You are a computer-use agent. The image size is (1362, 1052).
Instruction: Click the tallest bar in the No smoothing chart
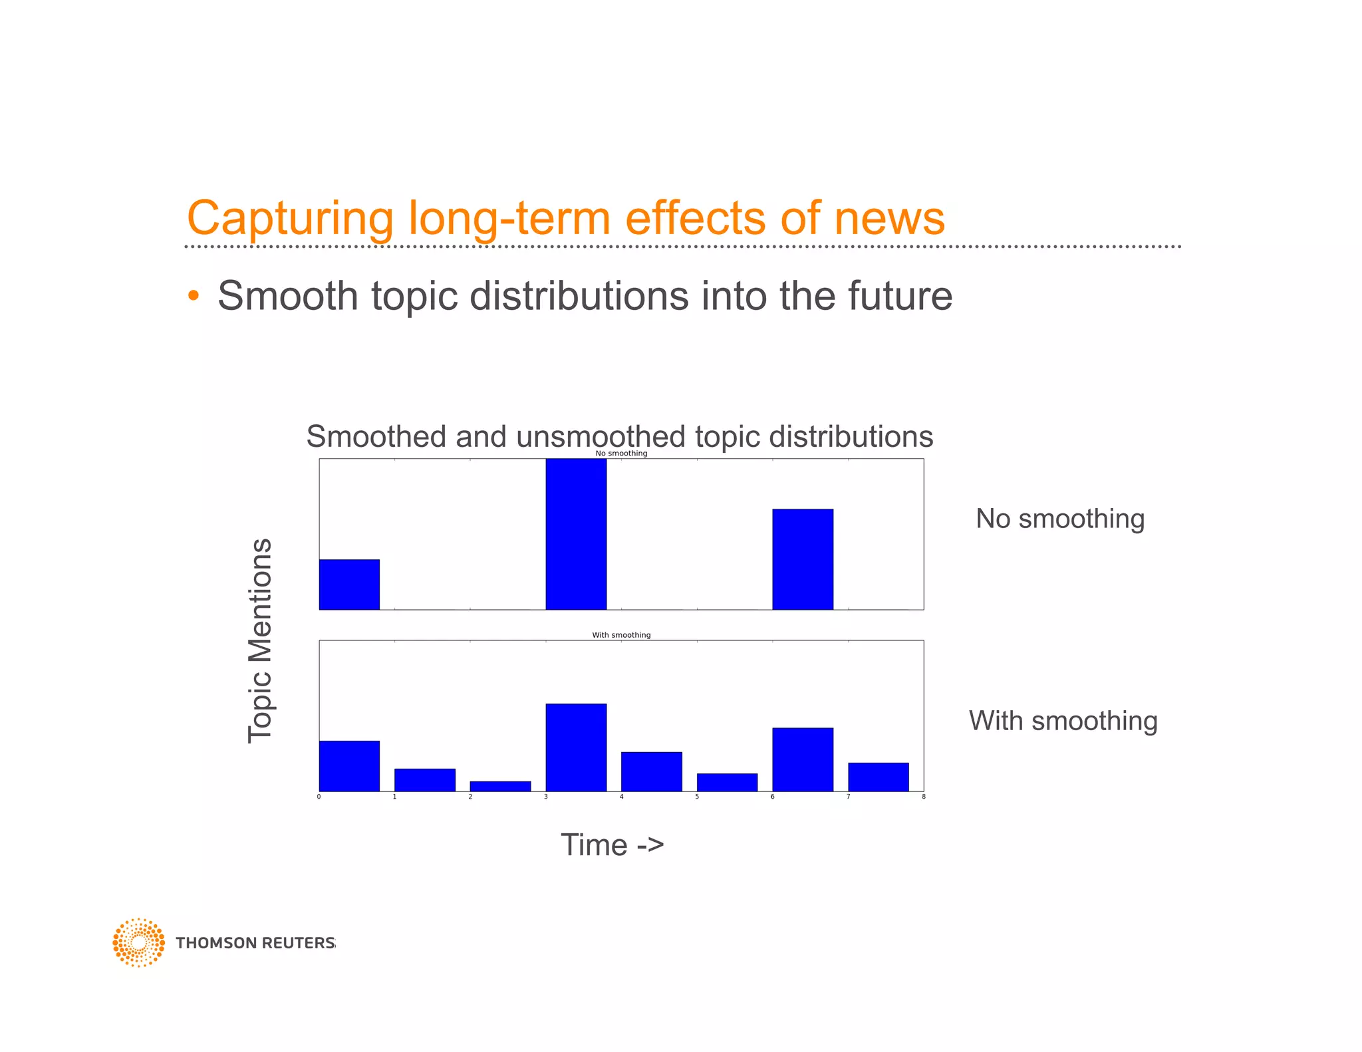[x=576, y=534]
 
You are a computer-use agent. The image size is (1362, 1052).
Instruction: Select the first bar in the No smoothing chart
[x=349, y=585]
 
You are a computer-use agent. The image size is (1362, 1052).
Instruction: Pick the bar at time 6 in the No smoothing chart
[x=803, y=559]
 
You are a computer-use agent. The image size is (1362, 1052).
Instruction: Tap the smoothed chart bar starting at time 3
[x=576, y=747]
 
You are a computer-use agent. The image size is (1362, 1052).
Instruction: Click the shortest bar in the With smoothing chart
[x=500, y=786]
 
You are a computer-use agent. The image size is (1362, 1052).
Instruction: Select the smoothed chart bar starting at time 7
[x=878, y=777]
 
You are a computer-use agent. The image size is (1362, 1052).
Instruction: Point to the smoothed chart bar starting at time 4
[x=651, y=771]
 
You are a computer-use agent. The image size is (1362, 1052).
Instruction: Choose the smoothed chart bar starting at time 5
[x=727, y=782]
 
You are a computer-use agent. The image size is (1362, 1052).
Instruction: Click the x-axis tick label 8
[x=923, y=797]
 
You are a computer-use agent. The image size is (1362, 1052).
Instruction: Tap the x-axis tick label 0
[x=319, y=797]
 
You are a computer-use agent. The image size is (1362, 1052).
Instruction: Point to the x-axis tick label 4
[x=621, y=797]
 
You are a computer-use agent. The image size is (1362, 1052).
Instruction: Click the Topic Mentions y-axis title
[x=260, y=640]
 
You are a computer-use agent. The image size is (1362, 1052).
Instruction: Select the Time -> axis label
[x=612, y=845]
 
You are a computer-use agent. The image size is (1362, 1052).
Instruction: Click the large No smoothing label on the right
[x=1059, y=519]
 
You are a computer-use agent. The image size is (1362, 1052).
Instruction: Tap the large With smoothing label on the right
[x=1063, y=721]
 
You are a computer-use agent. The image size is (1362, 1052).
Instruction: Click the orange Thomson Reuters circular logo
[x=138, y=942]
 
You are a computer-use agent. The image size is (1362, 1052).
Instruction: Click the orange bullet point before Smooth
[x=193, y=295]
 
